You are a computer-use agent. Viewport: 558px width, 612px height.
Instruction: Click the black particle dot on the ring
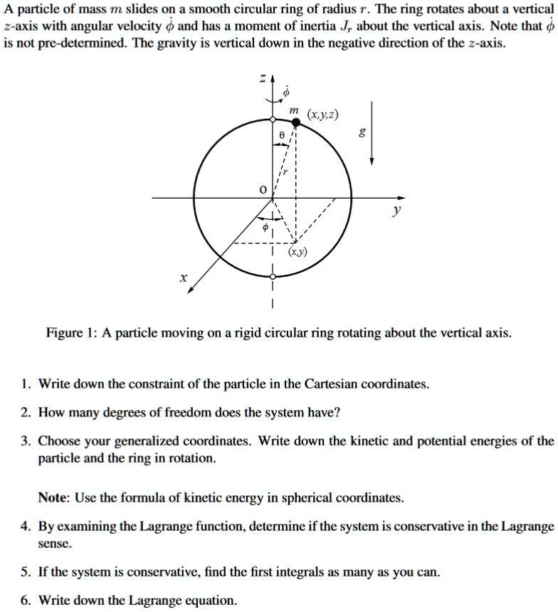(296, 123)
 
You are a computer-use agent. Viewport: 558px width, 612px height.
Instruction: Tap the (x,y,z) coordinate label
(322, 115)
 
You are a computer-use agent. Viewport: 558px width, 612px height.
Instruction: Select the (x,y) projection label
(298, 253)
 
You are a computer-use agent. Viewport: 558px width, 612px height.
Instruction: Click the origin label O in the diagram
(262, 190)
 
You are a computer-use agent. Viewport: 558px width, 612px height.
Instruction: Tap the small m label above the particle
(293, 110)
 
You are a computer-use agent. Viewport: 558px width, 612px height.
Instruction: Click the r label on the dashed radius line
(285, 172)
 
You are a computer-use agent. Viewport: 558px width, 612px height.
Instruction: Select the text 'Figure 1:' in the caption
(70, 333)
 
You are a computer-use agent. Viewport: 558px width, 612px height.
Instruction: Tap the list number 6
(25, 600)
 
